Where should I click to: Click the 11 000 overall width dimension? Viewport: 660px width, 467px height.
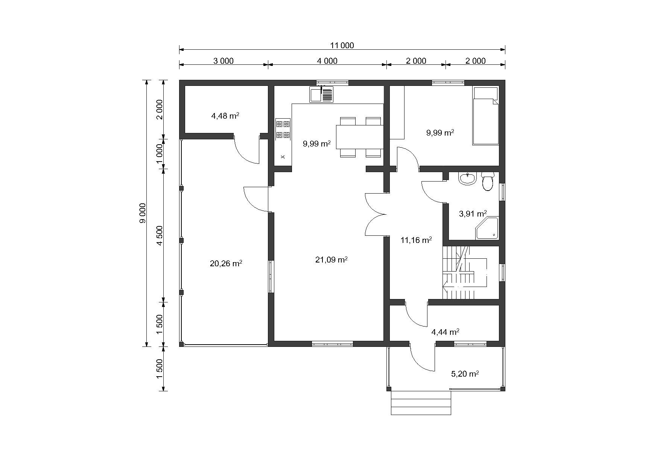(x=342, y=46)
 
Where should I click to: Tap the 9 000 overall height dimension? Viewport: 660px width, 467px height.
(x=142, y=213)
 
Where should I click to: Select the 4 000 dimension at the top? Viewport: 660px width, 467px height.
(x=327, y=61)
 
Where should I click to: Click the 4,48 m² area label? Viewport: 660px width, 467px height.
(x=225, y=116)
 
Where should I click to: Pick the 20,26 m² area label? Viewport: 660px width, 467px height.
(x=226, y=263)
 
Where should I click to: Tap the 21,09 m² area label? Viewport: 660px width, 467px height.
(x=331, y=259)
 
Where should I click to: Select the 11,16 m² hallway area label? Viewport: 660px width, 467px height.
(x=416, y=240)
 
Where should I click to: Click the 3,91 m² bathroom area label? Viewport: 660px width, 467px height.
(x=473, y=214)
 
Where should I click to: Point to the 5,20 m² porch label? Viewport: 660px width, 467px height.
(x=465, y=374)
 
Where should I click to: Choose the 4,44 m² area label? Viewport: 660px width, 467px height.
(x=445, y=332)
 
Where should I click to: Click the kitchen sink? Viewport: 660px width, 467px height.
(x=321, y=95)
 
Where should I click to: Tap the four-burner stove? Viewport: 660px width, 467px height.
(x=283, y=129)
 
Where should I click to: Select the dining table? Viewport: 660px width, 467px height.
(x=360, y=137)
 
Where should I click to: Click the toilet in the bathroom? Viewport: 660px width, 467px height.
(x=488, y=181)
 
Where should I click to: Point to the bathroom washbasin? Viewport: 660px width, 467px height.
(x=467, y=179)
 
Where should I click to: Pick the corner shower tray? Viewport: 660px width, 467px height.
(x=487, y=228)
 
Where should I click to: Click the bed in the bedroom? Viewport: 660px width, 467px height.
(x=486, y=116)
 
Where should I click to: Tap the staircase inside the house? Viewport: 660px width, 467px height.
(x=465, y=272)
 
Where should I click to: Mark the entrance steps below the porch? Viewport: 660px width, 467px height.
(x=421, y=403)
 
